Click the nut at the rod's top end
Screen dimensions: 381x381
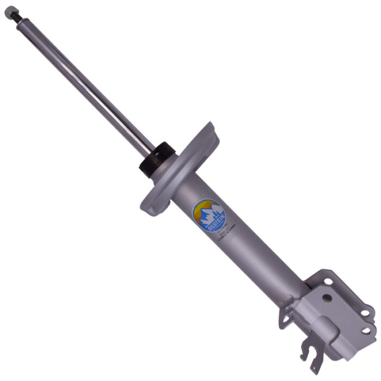[x=9, y=10]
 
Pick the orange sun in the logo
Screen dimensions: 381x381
[x=201, y=206]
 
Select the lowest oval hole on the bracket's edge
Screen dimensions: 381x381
[x=365, y=330]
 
